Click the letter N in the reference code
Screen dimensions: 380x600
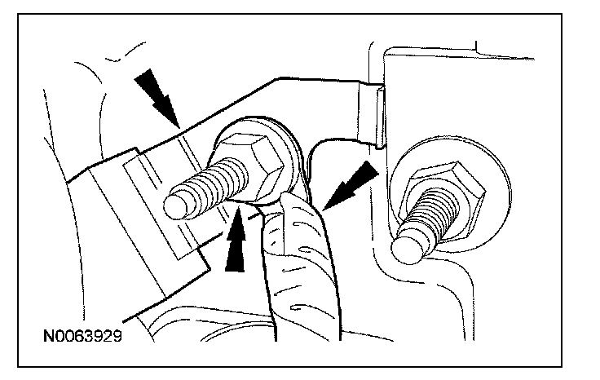pos(51,336)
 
